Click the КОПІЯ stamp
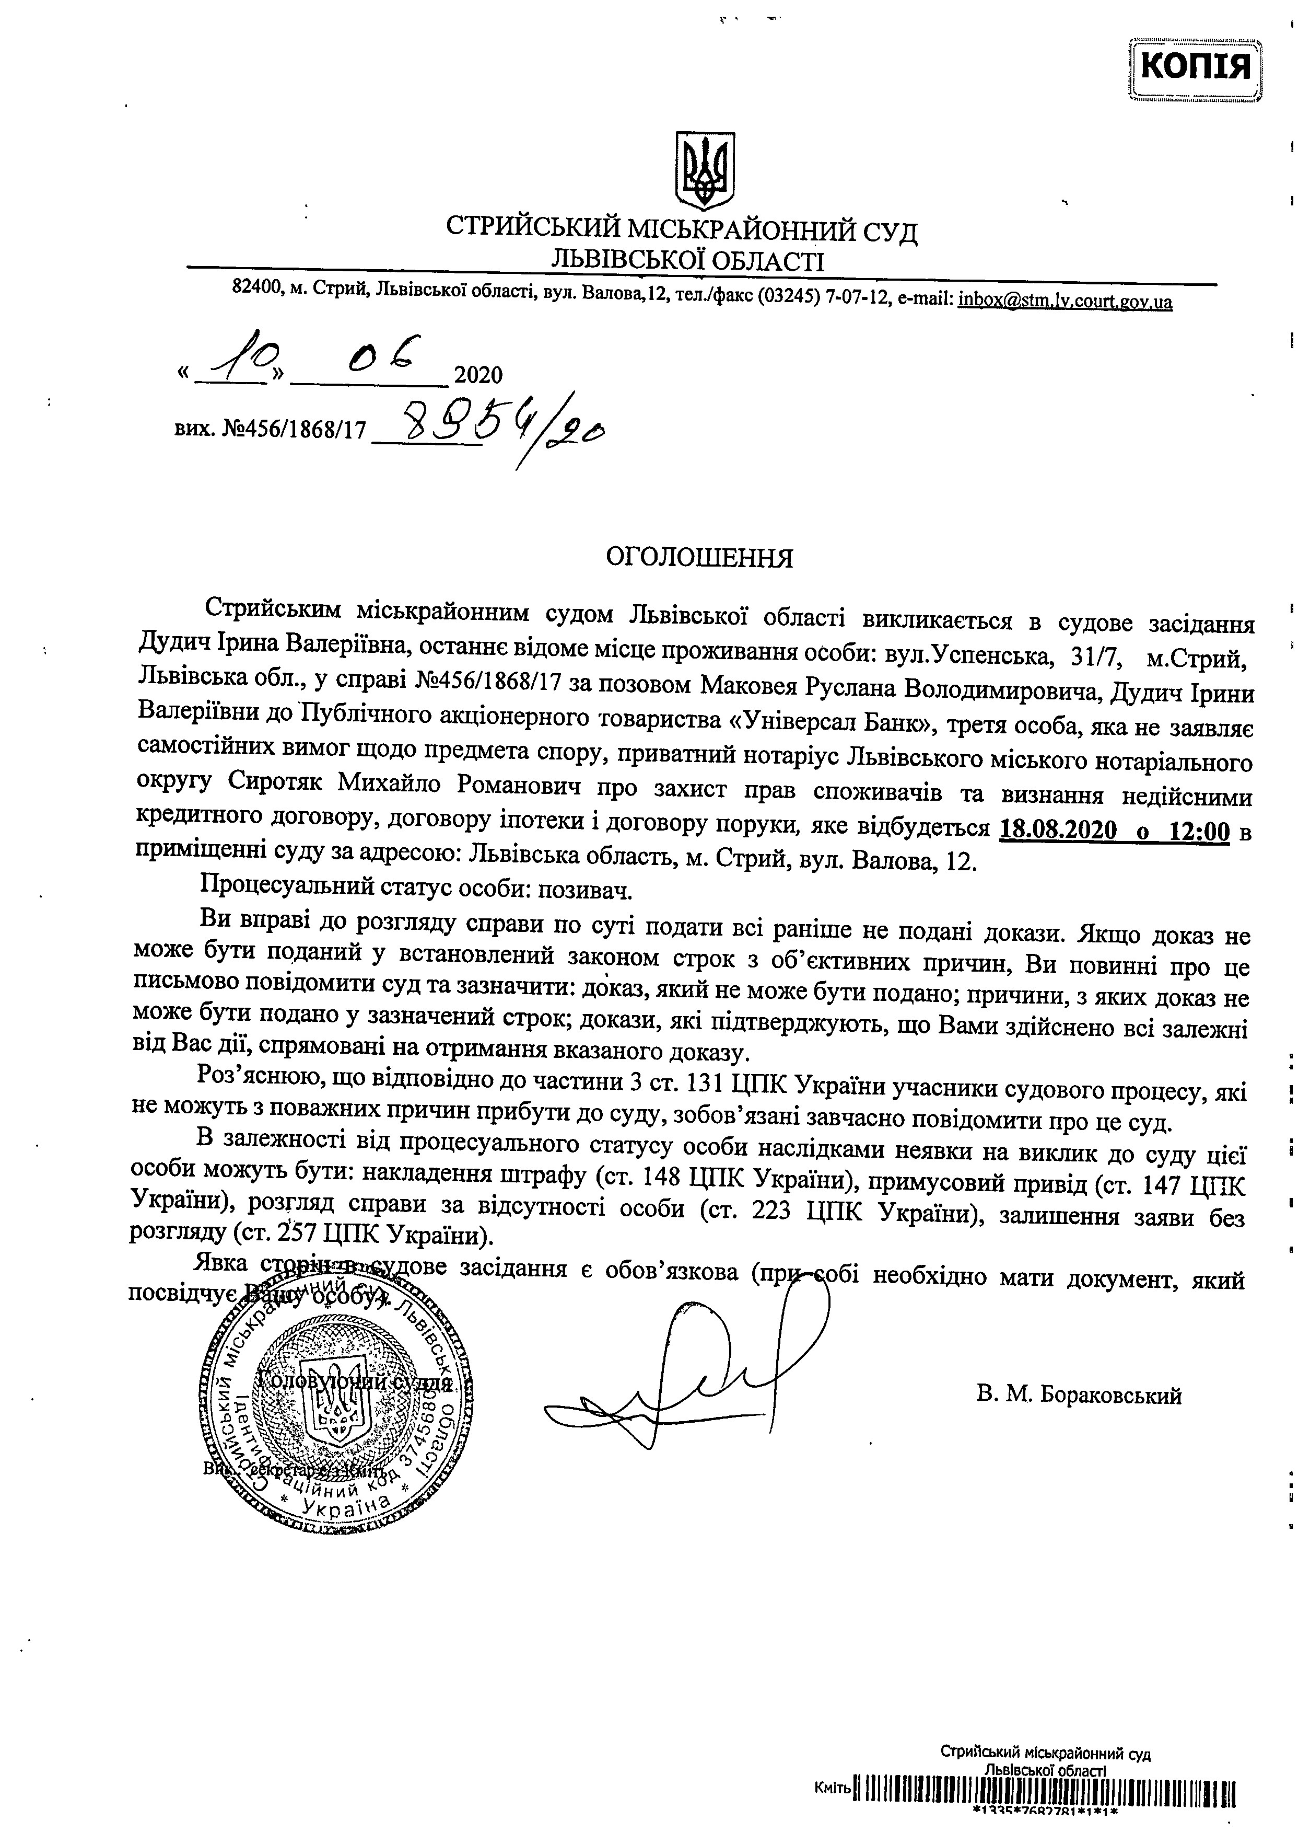(1197, 66)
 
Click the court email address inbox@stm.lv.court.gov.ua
(1065, 301)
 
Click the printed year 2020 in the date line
(478, 375)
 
